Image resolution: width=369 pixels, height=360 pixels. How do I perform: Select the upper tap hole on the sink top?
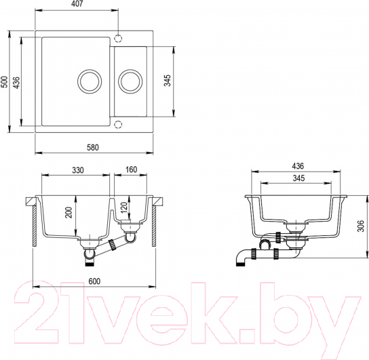tap(119, 37)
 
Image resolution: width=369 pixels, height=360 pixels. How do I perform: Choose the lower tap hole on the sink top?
tap(119, 124)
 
